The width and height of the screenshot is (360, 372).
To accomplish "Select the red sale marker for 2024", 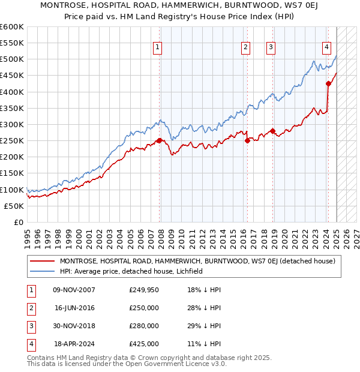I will pos(329,84).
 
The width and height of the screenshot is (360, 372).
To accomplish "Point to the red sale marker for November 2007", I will pos(159,140).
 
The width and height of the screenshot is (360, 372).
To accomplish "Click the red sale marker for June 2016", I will pos(247,141).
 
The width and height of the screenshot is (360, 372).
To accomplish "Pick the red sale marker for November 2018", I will pos(272,131).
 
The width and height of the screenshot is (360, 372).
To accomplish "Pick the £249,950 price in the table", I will pos(144,290).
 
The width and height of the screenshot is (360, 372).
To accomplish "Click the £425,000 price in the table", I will pos(144,344).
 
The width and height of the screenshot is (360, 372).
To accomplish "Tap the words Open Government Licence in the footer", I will pos(174,364).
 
